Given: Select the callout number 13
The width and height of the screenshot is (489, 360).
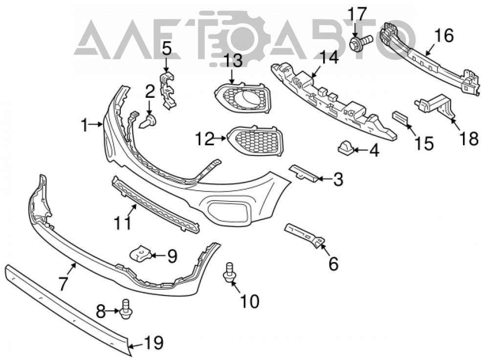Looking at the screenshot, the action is click(x=233, y=61).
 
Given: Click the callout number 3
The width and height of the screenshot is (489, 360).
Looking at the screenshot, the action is click(x=338, y=180).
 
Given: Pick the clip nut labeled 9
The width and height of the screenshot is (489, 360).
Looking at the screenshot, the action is click(x=140, y=254).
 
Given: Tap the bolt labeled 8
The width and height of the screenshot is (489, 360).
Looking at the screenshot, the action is click(x=125, y=309).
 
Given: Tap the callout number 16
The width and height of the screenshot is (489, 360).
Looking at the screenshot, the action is click(x=444, y=35).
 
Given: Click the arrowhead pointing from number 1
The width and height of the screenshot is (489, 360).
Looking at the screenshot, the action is click(x=100, y=124).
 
